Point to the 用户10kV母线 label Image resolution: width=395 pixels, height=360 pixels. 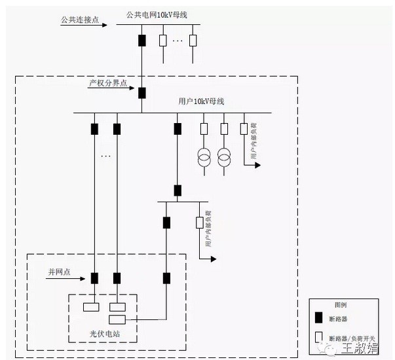pyautogui.click(x=202, y=101)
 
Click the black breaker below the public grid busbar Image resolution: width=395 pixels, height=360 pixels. pyautogui.click(x=141, y=40)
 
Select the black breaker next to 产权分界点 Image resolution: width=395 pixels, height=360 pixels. pyautogui.click(x=141, y=92)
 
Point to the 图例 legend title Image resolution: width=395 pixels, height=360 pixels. pyautogui.click(x=341, y=306)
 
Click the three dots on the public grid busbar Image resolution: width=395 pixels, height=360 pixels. pyautogui.click(x=178, y=41)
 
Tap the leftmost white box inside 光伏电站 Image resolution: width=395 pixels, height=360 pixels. pyautogui.click(x=90, y=306)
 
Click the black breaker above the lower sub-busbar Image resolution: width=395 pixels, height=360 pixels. pyautogui.click(x=177, y=190)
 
